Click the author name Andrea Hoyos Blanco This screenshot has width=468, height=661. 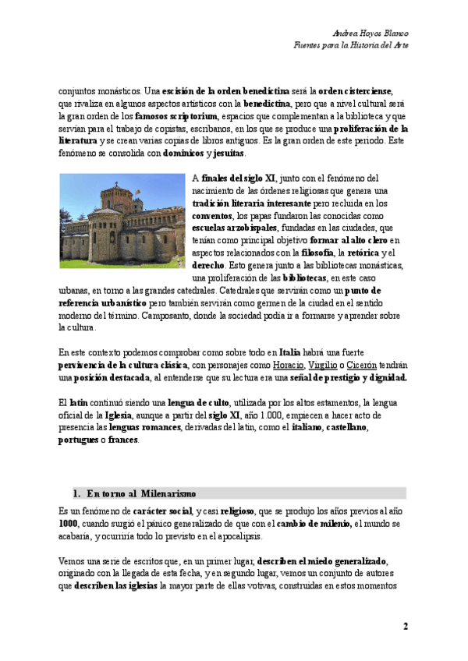point(370,34)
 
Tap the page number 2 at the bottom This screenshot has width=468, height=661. point(406,626)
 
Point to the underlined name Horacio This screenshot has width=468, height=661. point(288,365)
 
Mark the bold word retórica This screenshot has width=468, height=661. point(365,253)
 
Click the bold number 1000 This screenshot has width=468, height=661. point(68,521)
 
